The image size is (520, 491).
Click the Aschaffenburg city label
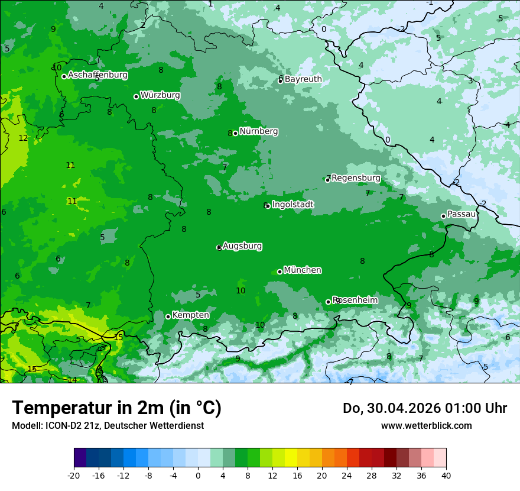coord(97,75)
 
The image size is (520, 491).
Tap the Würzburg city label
coord(160,95)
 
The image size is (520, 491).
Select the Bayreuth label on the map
coord(303,79)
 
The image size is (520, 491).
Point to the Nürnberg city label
coord(259,131)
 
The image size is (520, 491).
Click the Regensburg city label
coord(356,178)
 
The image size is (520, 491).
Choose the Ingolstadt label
coord(292,205)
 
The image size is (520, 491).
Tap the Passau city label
coord(461,214)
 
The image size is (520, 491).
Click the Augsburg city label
coord(242,246)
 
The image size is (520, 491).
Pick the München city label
coord(303,270)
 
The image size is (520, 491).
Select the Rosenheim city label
coord(355,301)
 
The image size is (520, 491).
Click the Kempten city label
coord(190,315)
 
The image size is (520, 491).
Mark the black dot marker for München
coord(279,272)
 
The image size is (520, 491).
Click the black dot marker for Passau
coord(443,216)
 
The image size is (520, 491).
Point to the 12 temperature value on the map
coord(23,138)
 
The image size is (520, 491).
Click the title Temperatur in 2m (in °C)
coord(116,408)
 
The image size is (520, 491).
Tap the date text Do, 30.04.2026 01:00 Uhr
coord(425,408)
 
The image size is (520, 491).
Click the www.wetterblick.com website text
coord(426,425)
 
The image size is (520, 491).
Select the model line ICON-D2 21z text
coord(108,425)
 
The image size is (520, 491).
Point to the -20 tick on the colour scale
coord(74,475)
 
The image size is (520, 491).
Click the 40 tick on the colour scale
coord(446,475)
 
